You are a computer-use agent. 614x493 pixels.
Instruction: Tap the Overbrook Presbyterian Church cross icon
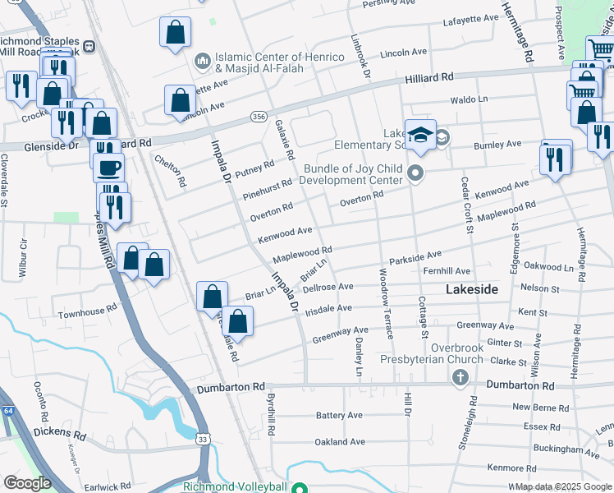(460, 376)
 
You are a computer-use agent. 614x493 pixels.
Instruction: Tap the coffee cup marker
(109, 168)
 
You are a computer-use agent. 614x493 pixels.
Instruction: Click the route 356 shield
(259, 117)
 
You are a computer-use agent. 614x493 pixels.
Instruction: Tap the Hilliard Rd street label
(429, 77)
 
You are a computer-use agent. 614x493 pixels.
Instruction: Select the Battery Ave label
(339, 416)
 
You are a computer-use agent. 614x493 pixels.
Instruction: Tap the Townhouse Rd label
(81, 312)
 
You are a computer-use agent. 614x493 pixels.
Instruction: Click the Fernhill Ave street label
(447, 271)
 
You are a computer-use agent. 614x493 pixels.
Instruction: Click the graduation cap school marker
(419, 134)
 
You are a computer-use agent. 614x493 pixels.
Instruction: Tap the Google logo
(26, 483)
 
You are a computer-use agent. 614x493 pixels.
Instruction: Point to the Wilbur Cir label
(24, 256)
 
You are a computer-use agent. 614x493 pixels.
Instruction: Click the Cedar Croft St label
(466, 205)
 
